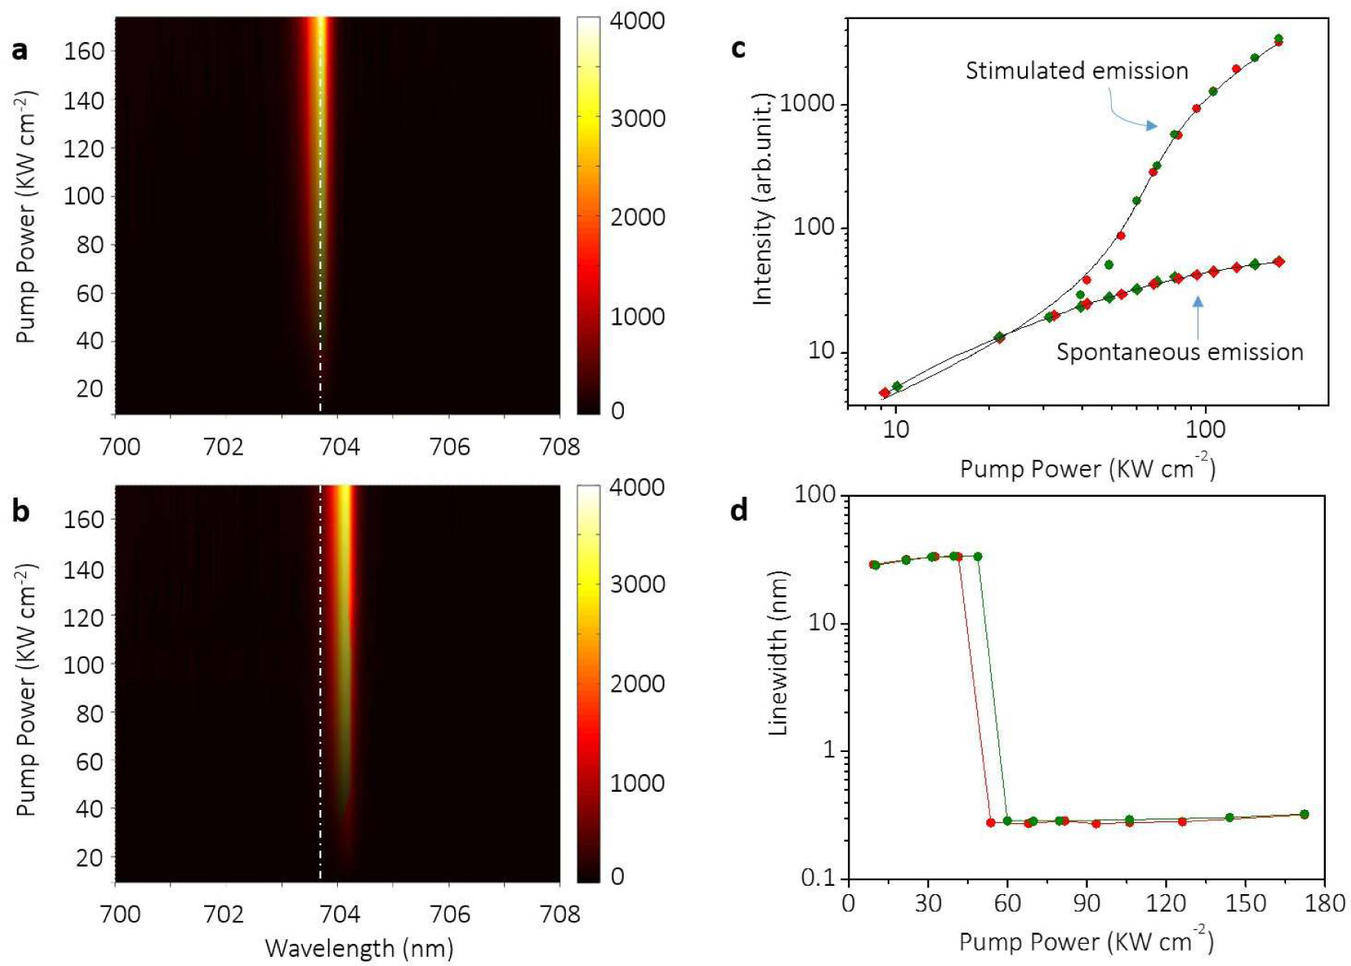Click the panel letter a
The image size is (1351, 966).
20,50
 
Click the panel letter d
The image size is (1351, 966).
739,510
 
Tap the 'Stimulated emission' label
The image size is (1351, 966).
1077,71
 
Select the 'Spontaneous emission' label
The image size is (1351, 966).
1179,352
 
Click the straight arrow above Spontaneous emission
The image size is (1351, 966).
1197,318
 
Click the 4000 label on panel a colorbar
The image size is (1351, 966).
637,21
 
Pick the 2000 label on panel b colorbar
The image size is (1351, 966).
637,684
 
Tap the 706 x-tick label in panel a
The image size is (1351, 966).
450,446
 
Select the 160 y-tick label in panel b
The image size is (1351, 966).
84,520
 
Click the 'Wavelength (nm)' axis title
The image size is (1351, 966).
359,948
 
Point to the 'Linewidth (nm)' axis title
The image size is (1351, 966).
778,653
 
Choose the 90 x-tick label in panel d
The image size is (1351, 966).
1086,904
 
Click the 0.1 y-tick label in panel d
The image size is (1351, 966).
819,879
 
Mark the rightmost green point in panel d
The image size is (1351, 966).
1304,814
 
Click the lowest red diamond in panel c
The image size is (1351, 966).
885,393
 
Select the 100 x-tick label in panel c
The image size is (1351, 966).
1205,430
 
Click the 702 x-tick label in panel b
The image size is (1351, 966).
223,914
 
